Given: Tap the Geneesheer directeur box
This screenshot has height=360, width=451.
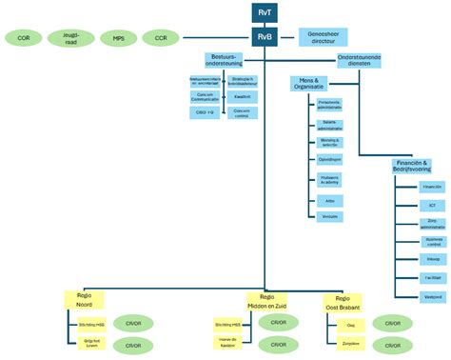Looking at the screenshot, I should [x=324, y=38].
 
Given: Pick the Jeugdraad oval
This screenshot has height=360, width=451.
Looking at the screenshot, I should [x=69, y=39].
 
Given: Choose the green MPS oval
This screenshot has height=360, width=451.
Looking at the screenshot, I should [x=118, y=39].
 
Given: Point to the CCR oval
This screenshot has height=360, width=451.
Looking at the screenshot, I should [x=163, y=39].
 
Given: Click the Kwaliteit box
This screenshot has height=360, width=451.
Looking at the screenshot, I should [x=242, y=96].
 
